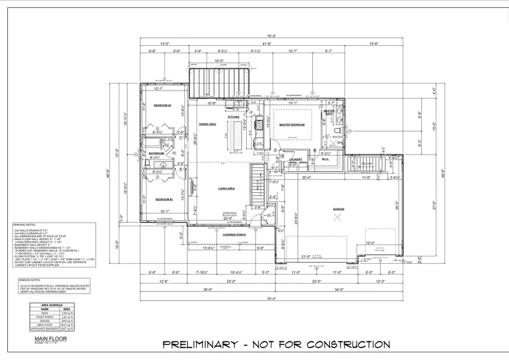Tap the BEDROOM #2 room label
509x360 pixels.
pos(163,200)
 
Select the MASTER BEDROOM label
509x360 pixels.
pos(292,125)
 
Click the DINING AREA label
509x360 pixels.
pos(208,124)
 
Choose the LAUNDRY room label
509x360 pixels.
pos(296,159)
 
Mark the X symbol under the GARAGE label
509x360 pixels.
pos(338,217)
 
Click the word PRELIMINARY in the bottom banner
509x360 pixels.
pos(197,344)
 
